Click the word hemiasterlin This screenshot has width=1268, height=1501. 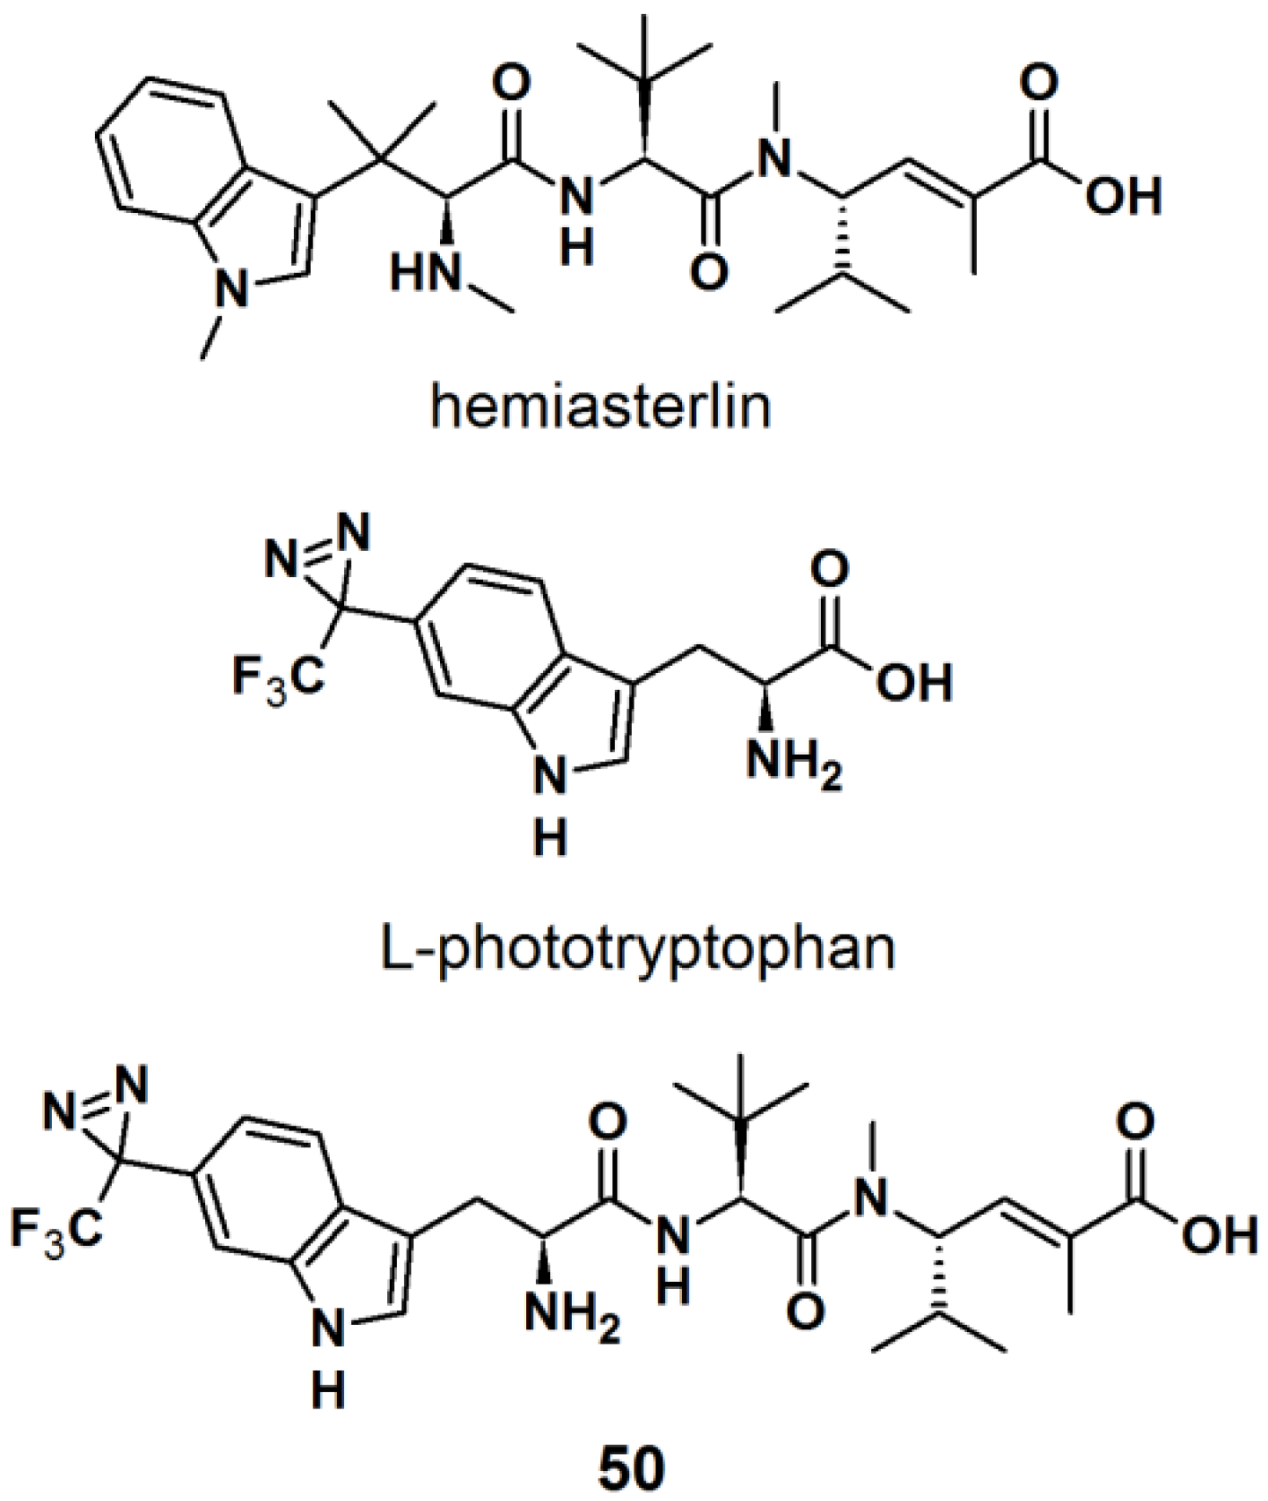click(x=600, y=407)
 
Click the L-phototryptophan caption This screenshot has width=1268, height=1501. click(x=640, y=948)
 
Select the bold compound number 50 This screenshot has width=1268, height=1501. click(x=633, y=1467)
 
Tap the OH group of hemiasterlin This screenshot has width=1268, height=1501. click(x=1123, y=195)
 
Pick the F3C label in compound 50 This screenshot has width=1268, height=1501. click(x=55, y=1228)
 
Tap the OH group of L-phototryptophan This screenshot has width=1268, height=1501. click(x=914, y=683)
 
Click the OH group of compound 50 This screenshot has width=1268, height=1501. click(x=1220, y=1236)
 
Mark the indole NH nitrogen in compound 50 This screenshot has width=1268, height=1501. click(x=329, y=1332)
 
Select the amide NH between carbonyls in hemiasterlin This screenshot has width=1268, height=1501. click(x=577, y=198)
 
